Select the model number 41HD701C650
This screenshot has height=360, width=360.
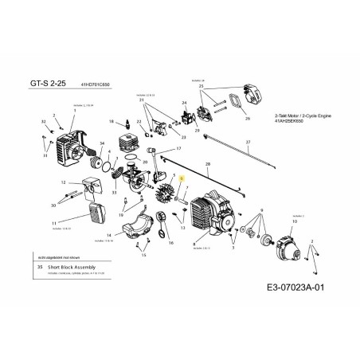point(96,82)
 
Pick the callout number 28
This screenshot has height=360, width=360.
point(208,162)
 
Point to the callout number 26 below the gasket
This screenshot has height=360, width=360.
point(246,117)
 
